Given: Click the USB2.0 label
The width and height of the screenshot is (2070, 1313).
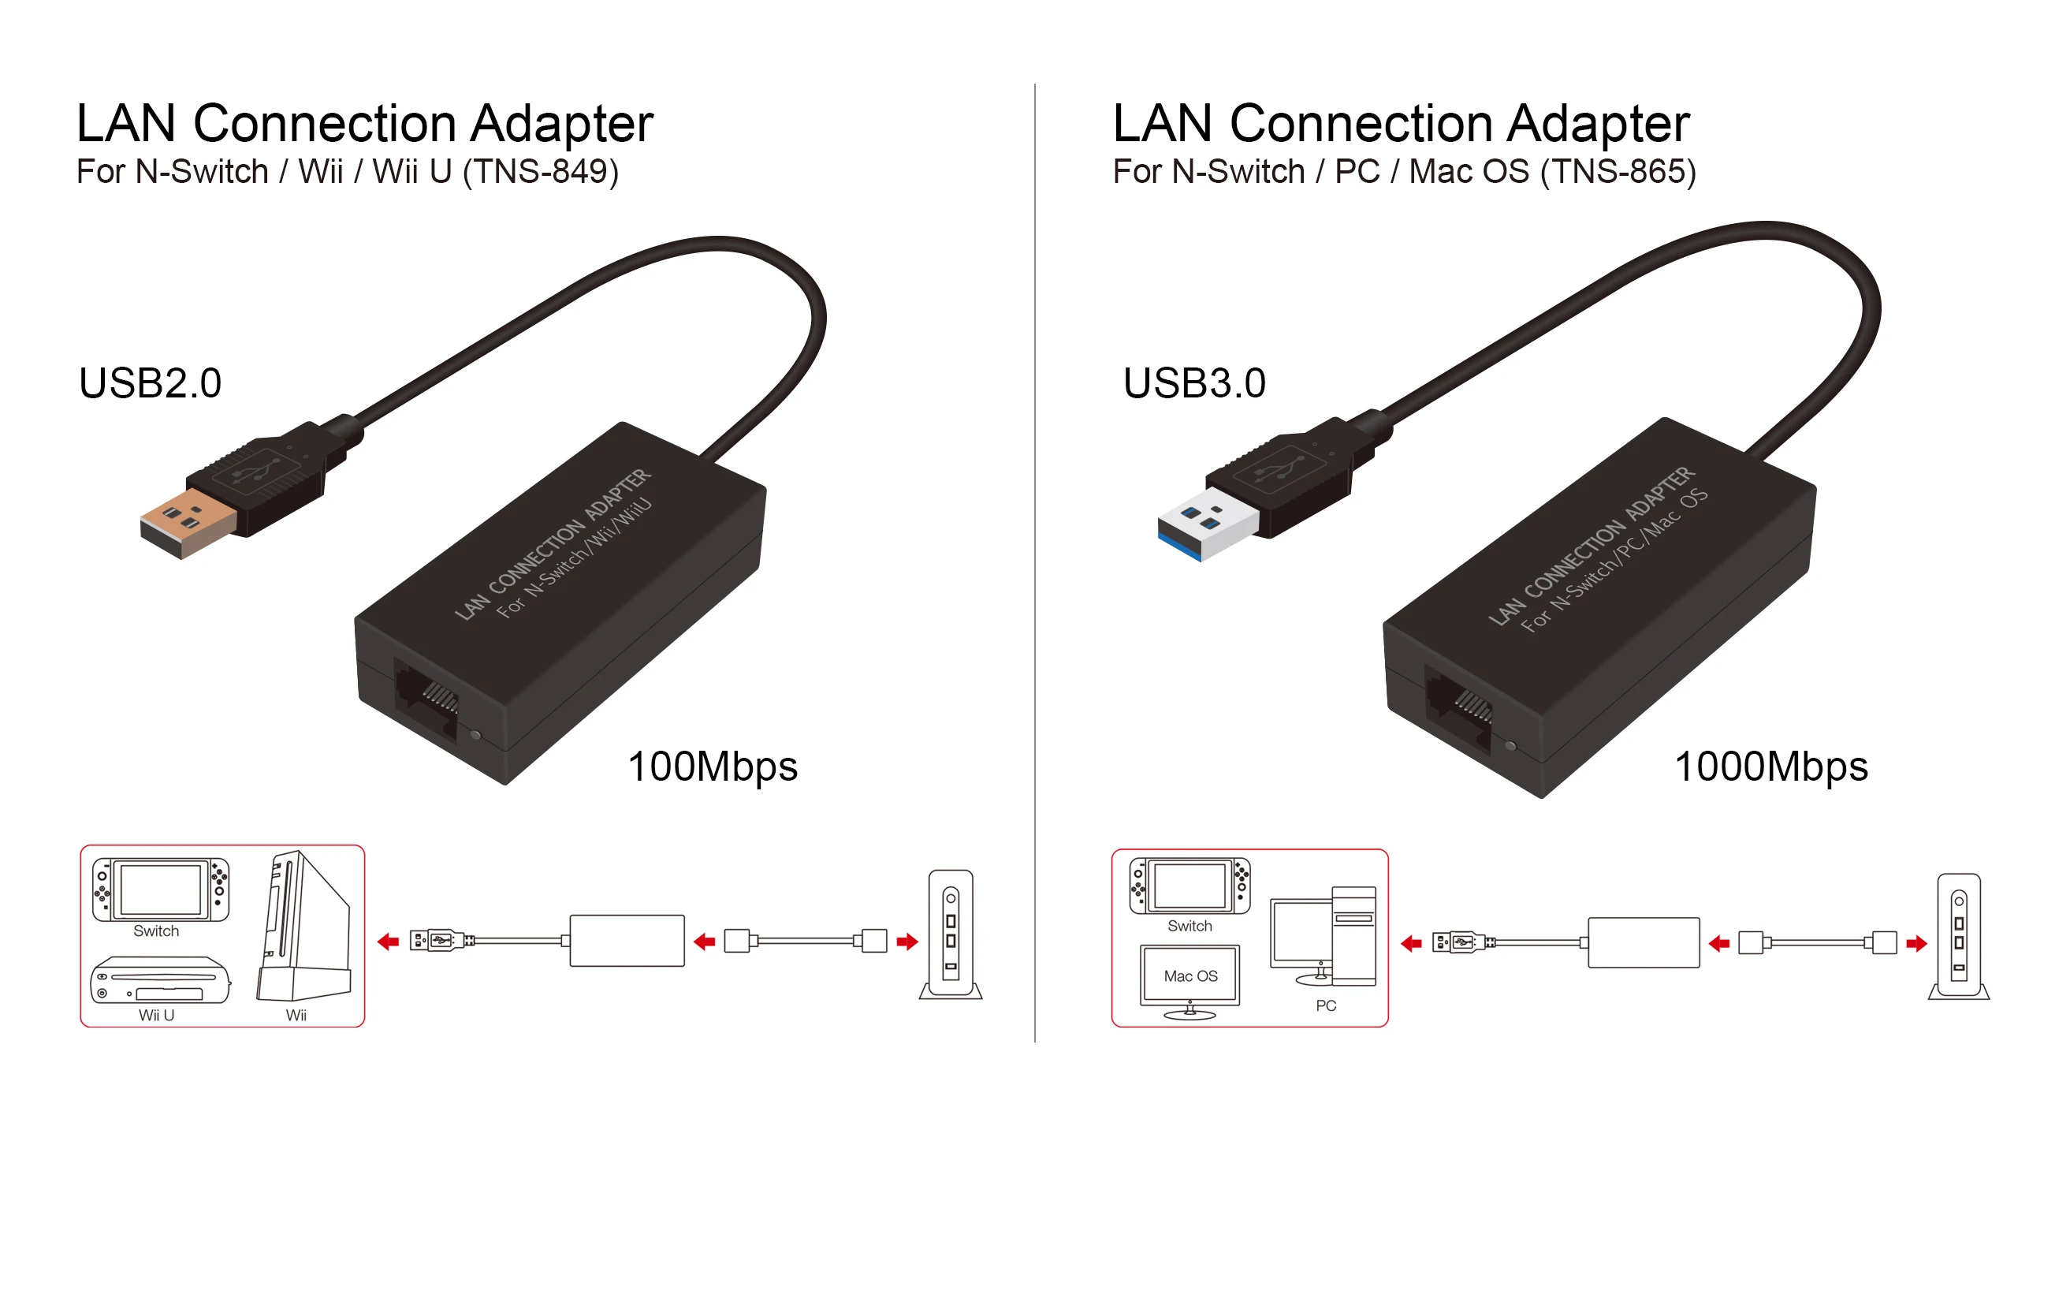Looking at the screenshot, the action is (x=151, y=383).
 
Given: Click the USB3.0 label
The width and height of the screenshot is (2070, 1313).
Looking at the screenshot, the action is (x=1195, y=383).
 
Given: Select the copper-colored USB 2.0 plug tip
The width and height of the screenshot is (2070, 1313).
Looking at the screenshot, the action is (x=188, y=524).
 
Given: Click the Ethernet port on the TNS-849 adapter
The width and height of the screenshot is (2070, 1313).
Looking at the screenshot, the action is (x=426, y=701).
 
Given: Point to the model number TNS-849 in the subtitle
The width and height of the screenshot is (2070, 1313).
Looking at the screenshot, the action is (x=541, y=172).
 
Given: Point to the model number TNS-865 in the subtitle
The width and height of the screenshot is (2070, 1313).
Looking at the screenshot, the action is (x=1618, y=172).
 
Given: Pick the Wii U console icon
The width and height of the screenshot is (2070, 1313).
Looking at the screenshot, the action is (x=161, y=980).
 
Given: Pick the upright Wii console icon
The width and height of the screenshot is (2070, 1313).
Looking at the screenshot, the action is (x=304, y=926).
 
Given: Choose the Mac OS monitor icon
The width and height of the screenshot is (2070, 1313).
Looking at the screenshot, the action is (x=1190, y=982).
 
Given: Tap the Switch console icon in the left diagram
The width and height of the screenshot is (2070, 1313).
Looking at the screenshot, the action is (x=161, y=890).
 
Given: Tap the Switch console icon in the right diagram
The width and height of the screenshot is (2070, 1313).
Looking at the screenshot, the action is (x=1190, y=886).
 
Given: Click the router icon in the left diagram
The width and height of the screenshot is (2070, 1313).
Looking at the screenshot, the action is (x=951, y=934).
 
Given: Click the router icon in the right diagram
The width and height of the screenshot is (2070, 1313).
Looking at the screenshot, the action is (x=1959, y=938).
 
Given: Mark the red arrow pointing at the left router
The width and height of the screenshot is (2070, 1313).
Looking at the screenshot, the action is (x=907, y=942).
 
